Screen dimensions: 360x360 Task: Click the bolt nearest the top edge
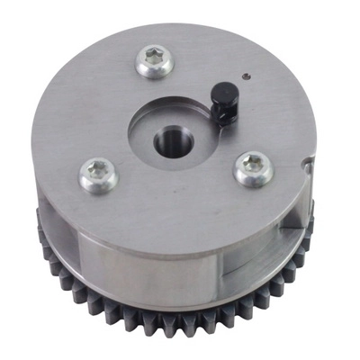coord(157,61)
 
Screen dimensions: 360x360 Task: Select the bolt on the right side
coord(254,167)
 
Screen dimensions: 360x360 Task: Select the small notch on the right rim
coord(310,164)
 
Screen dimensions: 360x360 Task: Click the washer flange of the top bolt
coord(144,67)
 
